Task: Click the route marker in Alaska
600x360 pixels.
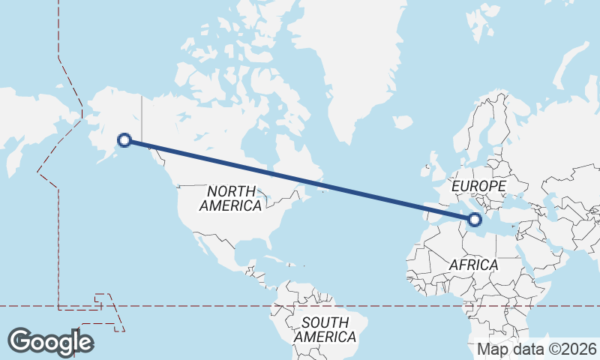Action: point(125,139)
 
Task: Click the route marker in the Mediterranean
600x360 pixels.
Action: point(474,220)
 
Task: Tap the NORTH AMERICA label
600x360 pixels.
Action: point(232,198)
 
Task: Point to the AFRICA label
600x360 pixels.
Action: point(473,265)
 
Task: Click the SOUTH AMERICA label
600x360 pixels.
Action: point(325,330)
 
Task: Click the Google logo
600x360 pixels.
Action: point(50,342)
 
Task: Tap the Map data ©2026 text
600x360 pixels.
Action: point(537,349)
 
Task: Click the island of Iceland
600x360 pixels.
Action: point(402,121)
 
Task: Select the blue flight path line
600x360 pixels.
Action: point(300,180)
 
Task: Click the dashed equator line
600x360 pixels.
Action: point(225,306)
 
